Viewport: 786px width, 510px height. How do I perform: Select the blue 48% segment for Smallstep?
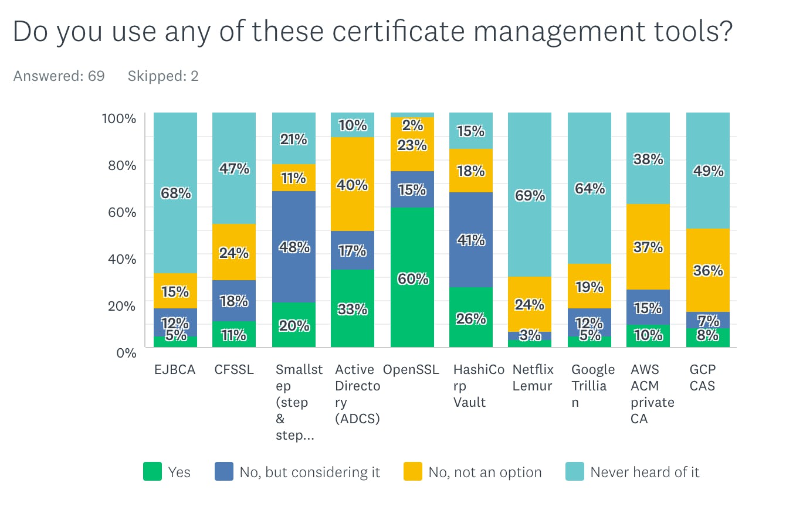click(x=294, y=246)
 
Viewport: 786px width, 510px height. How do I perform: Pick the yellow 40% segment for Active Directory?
click(x=353, y=184)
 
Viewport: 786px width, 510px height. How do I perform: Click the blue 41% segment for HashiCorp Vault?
click(x=471, y=239)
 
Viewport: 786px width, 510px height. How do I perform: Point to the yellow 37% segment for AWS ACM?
click(x=648, y=247)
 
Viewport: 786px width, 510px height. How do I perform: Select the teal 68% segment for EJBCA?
click(x=175, y=193)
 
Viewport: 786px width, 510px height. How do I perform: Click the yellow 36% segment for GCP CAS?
click(x=708, y=270)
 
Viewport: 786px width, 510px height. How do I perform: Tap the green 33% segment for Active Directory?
click(x=353, y=308)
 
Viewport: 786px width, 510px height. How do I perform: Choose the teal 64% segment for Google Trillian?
click(x=589, y=188)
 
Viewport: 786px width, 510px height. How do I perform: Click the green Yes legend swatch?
click(x=153, y=472)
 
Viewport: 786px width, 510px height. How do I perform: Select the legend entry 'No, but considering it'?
click(x=310, y=472)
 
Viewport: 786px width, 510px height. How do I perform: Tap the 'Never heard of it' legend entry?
click(x=645, y=472)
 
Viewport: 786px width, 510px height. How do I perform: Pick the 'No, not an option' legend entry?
click(x=485, y=472)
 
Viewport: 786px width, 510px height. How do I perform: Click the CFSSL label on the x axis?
click(x=233, y=370)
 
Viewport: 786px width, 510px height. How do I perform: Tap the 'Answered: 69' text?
click(x=59, y=76)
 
